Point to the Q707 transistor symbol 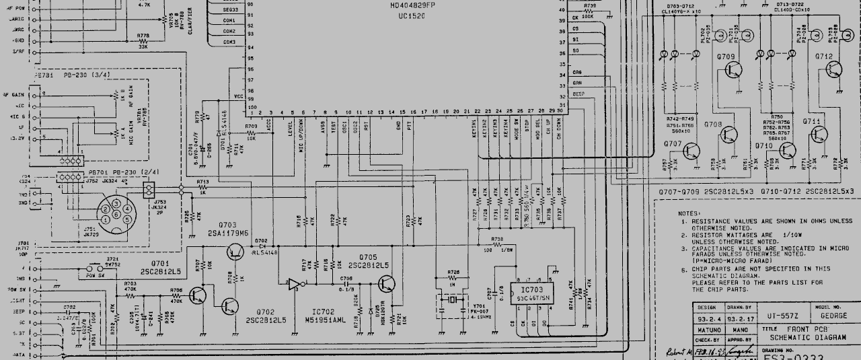click(692, 151)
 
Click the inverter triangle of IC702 click(294, 285)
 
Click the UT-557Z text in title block click(781, 315)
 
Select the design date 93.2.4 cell click(706, 319)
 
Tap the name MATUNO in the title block click(706, 330)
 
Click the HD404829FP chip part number click(412, 5)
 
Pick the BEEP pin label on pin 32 click(578, 94)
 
